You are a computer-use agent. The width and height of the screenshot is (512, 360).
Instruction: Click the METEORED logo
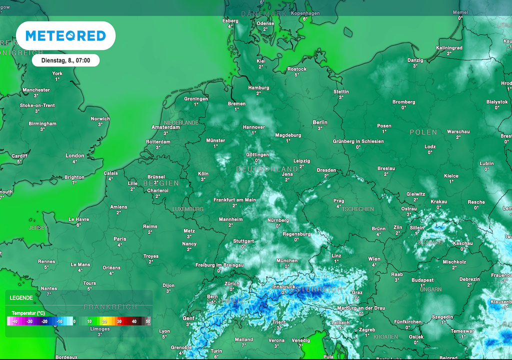click(x=65, y=35)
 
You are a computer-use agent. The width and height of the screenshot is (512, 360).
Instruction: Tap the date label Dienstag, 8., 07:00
click(x=65, y=60)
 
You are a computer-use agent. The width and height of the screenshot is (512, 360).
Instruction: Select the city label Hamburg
click(x=258, y=88)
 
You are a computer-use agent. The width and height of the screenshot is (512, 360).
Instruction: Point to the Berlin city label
click(x=320, y=122)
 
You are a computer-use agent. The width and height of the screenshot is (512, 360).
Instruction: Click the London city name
click(x=75, y=155)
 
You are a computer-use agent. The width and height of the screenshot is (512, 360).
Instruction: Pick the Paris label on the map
click(x=120, y=239)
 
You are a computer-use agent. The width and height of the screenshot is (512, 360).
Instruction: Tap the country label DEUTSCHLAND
click(x=267, y=169)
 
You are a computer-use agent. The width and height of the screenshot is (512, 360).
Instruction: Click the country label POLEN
click(x=423, y=132)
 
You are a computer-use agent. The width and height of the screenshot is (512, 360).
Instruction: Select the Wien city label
click(x=374, y=259)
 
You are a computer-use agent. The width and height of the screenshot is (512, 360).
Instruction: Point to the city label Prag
click(x=338, y=201)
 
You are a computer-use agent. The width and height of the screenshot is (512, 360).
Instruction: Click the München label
click(x=287, y=260)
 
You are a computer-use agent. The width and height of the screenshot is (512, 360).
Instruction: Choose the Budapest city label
click(x=422, y=280)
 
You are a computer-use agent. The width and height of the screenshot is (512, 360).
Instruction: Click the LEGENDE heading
click(x=21, y=297)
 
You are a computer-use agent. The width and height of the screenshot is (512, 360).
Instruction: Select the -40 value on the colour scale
click(x=15, y=321)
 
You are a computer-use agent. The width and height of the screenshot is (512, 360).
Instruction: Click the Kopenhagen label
click(x=305, y=13)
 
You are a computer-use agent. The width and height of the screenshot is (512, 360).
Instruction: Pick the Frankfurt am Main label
click(x=234, y=200)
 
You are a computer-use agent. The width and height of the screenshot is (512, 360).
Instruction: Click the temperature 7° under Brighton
click(x=74, y=183)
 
